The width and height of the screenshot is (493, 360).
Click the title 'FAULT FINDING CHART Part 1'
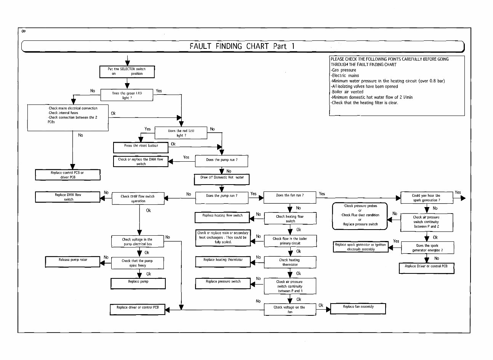pos(242,46)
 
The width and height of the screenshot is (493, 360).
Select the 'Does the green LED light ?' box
pos(127,95)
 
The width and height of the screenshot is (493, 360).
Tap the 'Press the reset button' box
pos(141,147)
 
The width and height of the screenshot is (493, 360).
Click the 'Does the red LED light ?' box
pos(181,133)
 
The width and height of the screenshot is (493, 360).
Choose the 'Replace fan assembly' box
pos(358,308)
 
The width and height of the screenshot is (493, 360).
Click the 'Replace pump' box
pos(138,283)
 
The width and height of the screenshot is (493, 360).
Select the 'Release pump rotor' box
pos(73,262)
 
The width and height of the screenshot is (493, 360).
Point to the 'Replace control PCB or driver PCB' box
pos(67,175)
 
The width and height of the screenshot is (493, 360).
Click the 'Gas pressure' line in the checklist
pos(344,70)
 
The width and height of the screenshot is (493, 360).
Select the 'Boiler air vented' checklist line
pos(347,92)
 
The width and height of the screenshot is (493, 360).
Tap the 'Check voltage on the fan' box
pos(290,309)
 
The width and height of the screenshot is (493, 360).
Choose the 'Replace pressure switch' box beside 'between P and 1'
pos(223,283)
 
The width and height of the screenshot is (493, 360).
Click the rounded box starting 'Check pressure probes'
pos(360,215)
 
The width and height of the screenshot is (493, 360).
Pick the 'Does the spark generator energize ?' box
pos(427,248)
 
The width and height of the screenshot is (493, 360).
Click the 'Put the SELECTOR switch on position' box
pos(127,71)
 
